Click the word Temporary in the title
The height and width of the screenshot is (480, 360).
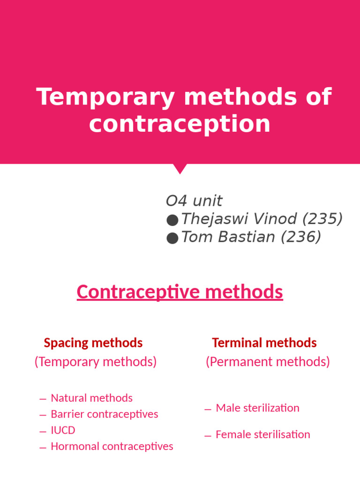click(x=105, y=97)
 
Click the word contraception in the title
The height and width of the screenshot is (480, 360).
click(x=180, y=124)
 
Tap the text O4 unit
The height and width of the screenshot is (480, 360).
click(x=194, y=201)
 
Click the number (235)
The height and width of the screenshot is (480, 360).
click(x=322, y=219)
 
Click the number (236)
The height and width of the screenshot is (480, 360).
click(x=300, y=237)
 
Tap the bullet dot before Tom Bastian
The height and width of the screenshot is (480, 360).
click(x=172, y=238)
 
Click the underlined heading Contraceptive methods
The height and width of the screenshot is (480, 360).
click(x=180, y=292)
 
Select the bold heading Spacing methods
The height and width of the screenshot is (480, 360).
click(x=93, y=343)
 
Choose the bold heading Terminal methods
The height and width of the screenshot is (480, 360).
click(x=264, y=343)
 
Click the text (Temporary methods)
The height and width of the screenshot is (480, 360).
click(x=96, y=362)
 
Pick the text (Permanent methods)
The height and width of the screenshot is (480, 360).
click(x=268, y=362)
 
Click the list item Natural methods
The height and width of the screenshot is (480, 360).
click(x=91, y=398)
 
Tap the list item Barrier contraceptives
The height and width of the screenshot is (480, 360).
click(x=104, y=414)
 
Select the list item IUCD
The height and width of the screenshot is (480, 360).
click(x=63, y=430)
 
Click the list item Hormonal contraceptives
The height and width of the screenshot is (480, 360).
click(x=112, y=446)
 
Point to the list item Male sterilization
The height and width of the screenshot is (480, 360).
click(x=257, y=408)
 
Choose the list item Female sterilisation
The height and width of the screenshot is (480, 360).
click(x=262, y=435)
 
